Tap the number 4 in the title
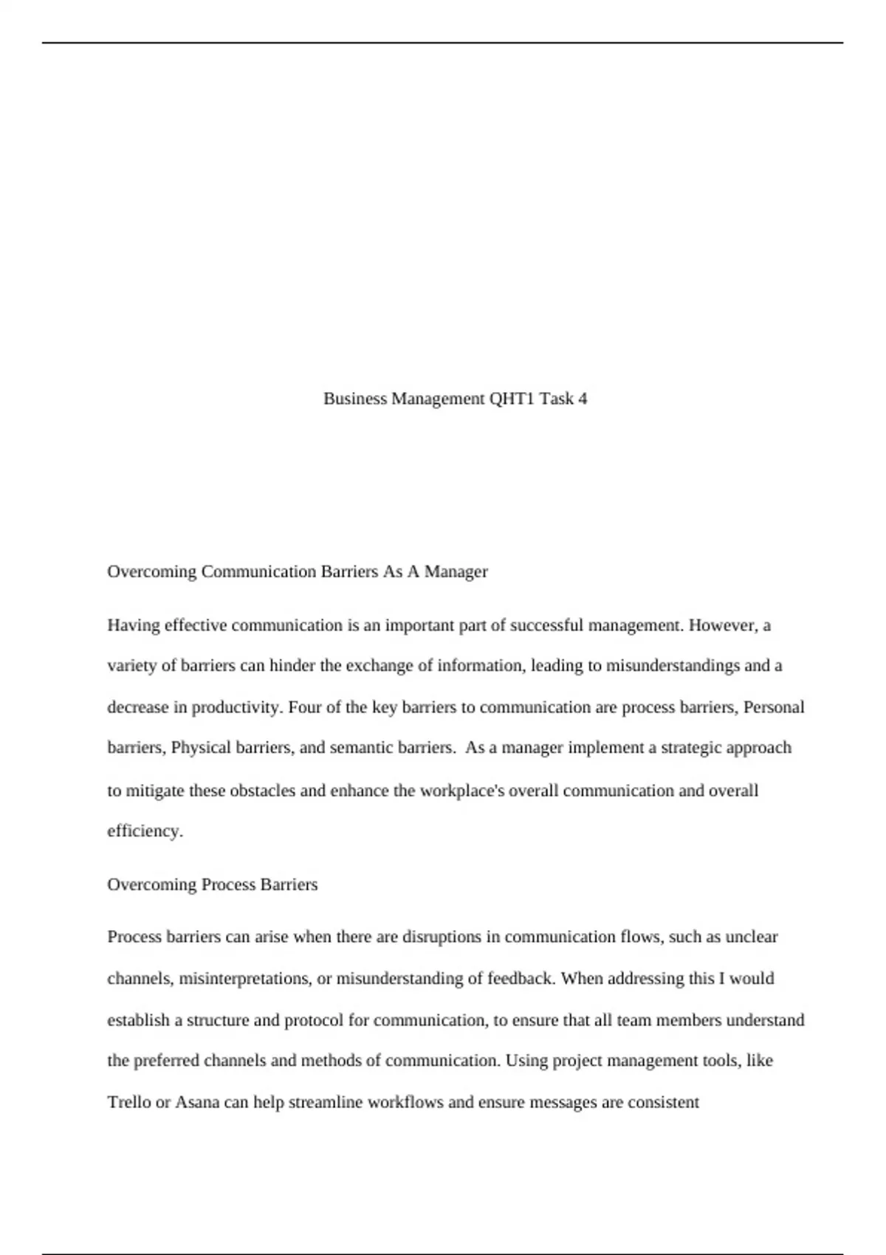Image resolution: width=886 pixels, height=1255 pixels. (583, 399)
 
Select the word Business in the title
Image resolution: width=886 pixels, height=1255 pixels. (355, 399)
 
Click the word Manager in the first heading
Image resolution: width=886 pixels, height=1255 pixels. (456, 571)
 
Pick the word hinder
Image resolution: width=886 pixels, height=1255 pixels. (292, 666)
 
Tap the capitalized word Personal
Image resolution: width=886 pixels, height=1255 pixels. (773, 707)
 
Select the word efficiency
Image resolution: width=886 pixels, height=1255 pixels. (145, 831)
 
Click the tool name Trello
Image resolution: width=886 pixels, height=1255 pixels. (129, 1102)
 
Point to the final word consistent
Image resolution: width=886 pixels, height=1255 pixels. (663, 1102)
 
